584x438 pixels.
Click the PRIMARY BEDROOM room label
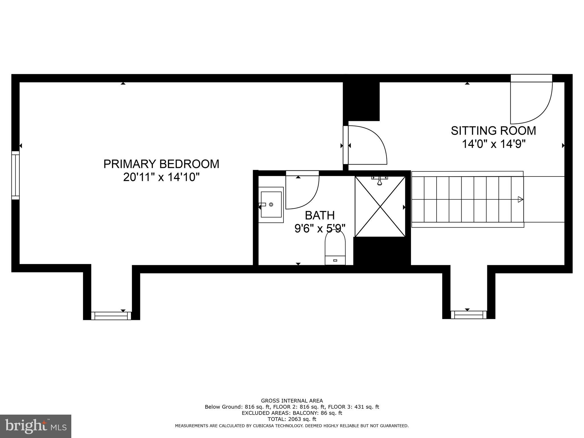tap(161, 164)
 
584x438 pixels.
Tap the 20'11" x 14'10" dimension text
tap(161, 177)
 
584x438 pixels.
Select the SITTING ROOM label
tap(493, 131)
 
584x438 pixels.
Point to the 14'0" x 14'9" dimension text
tap(493, 144)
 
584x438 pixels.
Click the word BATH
tap(320, 216)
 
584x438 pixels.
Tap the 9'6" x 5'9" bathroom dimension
tap(320, 228)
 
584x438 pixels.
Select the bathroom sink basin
tap(271, 204)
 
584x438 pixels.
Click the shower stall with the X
tap(380, 206)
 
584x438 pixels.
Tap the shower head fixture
tap(380, 180)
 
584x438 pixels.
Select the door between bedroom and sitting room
tap(366, 145)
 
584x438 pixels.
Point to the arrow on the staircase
tap(520, 199)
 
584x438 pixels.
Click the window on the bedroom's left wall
tap(15, 175)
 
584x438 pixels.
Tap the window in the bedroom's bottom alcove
tap(111, 316)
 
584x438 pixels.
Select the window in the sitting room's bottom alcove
tap(469, 315)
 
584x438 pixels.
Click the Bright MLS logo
tap(36, 426)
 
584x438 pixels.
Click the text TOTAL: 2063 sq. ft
tap(292, 419)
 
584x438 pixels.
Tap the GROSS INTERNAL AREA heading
tap(292, 401)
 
